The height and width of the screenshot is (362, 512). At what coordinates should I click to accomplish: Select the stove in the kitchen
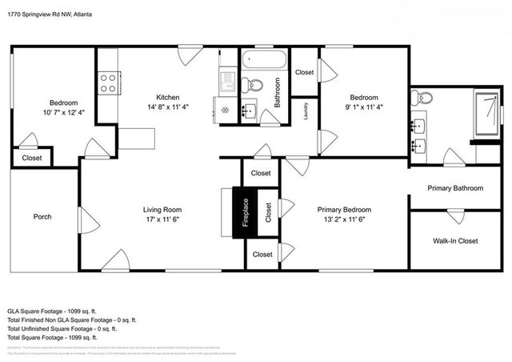tap(108, 81)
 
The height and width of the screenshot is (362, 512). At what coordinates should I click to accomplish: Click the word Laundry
tap(306, 111)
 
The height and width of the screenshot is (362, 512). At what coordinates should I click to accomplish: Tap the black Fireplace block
tap(246, 212)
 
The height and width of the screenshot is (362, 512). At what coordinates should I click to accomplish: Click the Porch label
tap(42, 216)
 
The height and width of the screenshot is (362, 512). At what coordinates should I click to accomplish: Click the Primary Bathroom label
tap(454, 188)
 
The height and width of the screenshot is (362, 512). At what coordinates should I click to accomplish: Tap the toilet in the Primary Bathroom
tap(423, 99)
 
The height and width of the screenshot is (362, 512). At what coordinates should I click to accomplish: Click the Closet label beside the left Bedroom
tap(32, 158)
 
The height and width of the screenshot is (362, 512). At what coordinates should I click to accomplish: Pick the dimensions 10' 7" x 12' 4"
tap(64, 113)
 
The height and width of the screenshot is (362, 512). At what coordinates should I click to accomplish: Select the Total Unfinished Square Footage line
tap(62, 328)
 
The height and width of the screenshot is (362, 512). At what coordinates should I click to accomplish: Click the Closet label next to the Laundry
tap(304, 72)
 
